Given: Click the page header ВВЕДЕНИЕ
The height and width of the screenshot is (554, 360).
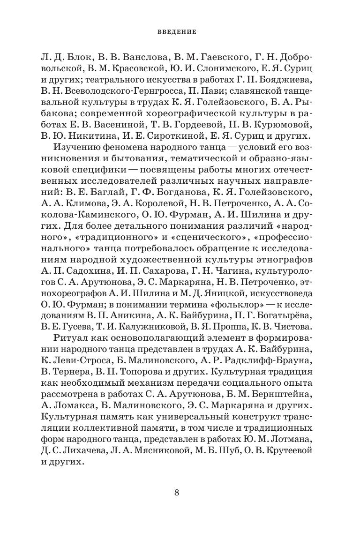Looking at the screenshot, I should [x=180, y=33].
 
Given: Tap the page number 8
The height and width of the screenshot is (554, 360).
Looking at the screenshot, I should [x=177, y=492].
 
